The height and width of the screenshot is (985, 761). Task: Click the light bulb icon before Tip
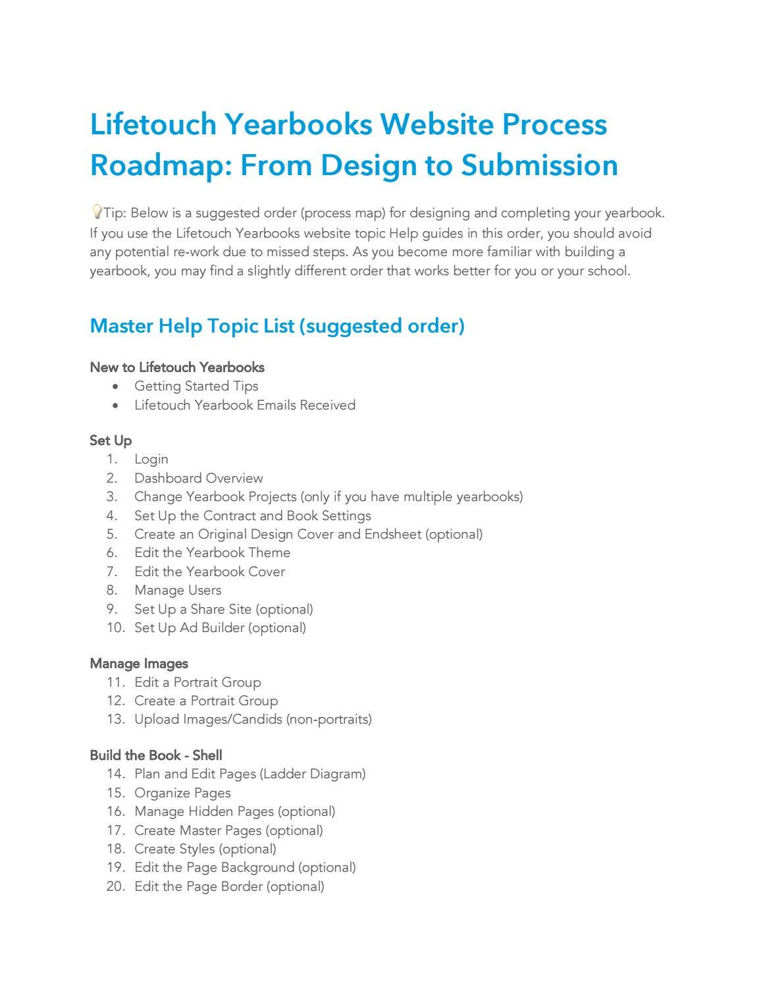[x=96, y=212]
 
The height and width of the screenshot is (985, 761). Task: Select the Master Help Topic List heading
[x=276, y=326]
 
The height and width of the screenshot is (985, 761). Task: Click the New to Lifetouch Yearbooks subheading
[x=177, y=367]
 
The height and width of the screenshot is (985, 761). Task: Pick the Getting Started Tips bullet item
[x=196, y=386]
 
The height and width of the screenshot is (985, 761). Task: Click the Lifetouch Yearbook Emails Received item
[x=245, y=405]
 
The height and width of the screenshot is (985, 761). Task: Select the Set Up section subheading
[x=111, y=440]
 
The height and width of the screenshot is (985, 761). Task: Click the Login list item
[x=151, y=460]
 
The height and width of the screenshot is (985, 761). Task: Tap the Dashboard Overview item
[x=198, y=478]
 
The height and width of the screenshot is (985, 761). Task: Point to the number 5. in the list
[x=112, y=534]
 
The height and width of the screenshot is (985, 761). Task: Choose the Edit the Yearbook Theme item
[x=212, y=552]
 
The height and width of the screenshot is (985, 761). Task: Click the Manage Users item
[x=178, y=590]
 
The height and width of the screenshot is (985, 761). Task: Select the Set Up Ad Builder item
[x=220, y=627]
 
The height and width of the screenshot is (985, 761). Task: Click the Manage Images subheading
[x=139, y=664]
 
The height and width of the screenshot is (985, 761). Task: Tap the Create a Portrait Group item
[x=206, y=701]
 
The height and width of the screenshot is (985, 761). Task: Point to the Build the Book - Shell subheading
[x=156, y=755]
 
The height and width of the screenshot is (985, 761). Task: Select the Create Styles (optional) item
[x=205, y=849]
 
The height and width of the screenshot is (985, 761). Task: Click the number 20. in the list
[x=115, y=886]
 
